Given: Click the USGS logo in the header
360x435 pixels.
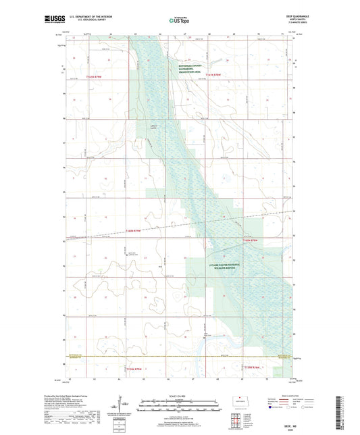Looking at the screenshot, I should click(52, 20).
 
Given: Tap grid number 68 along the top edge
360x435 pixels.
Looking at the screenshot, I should click(208, 34).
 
